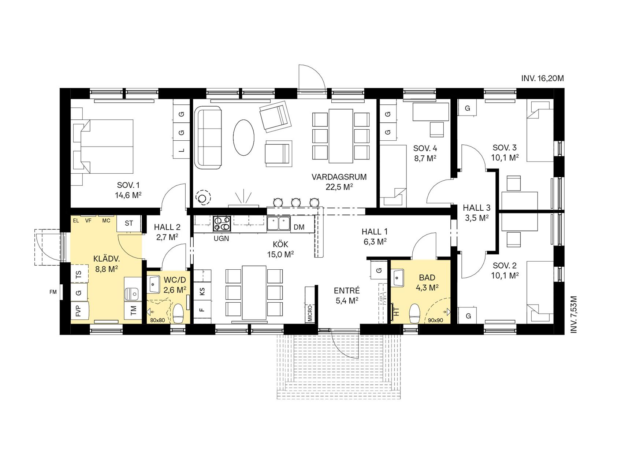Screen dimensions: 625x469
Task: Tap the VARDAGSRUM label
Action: (339, 177)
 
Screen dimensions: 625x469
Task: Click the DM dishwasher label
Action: (299, 227)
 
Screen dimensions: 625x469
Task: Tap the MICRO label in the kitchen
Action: (310, 313)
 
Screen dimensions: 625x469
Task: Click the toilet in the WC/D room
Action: (178, 314)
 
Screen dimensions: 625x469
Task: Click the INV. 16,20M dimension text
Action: (543, 78)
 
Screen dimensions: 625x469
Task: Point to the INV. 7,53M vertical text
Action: (573, 314)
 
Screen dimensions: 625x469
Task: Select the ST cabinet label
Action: (129, 223)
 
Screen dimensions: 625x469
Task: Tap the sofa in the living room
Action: (208, 137)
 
